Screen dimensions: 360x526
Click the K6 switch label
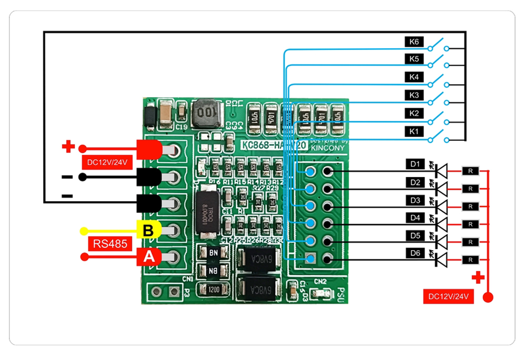[x=414, y=41]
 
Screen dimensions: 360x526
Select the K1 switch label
[x=414, y=131]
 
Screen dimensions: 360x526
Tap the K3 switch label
[x=414, y=95]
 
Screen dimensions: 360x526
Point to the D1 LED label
[x=415, y=164]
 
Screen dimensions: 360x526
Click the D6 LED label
[x=415, y=253]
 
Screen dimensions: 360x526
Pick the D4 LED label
[x=415, y=217]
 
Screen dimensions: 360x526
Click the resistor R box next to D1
[x=470, y=170]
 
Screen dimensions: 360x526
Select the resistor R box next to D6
[x=470, y=259]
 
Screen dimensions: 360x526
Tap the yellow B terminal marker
[x=148, y=230]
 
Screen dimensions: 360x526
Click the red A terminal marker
[x=149, y=257]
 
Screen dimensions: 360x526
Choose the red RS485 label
[x=110, y=244]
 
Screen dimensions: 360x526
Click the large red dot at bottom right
[x=488, y=298]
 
